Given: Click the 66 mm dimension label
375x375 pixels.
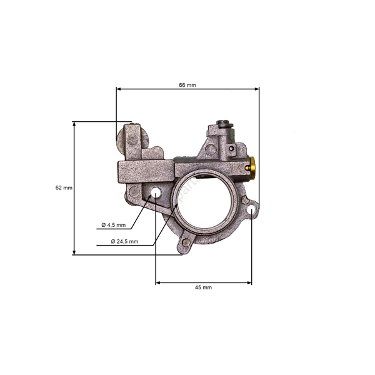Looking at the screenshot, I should (x=187, y=84).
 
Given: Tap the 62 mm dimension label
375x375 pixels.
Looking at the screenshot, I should (x=64, y=187).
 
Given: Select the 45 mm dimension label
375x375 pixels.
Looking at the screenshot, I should (x=204, y=287).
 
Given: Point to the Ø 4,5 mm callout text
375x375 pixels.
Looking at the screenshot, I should (x=113, y=225).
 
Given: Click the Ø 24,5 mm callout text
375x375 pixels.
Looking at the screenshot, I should (x=124, y=241).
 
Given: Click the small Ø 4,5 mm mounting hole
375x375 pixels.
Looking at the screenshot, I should (x=155, y=192).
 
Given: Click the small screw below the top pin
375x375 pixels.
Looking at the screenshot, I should (x=232, y=149).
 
